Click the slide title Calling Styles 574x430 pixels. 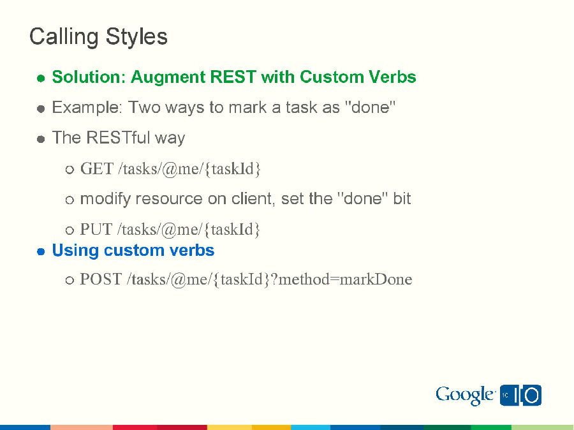(98, 36)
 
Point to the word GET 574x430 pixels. (97, 169)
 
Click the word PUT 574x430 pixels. (96, 229)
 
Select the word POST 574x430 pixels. (101, 279)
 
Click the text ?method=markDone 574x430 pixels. (342, 279)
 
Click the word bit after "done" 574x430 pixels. (402, 199)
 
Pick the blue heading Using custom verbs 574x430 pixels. (133, 250)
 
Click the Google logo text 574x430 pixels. (465, 396)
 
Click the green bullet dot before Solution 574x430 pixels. (40, 78)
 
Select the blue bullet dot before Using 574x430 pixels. (40, 251)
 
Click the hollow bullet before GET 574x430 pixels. (70, 170)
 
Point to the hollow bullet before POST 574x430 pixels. (70, 281)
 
